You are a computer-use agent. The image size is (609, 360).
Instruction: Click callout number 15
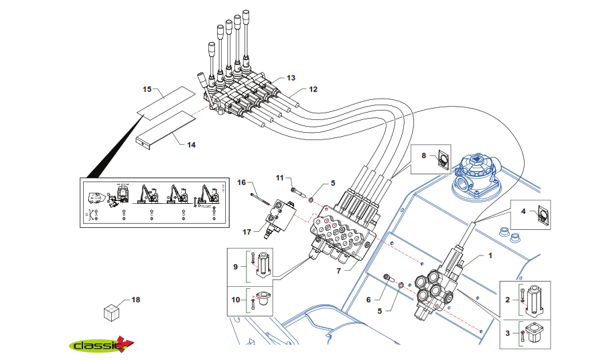(148, 88)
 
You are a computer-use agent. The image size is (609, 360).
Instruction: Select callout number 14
(191, 144)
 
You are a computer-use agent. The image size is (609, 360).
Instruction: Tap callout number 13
(291, 78)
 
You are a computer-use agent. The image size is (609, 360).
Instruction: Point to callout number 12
(313, 89)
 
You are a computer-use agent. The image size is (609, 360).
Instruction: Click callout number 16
(242, 182)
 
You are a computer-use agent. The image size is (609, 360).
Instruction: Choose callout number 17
(247, 232)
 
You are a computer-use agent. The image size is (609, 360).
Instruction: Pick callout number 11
(281, 178)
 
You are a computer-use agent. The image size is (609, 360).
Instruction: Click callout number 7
(340, 271)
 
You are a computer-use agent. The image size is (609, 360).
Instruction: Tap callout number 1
(490, 255)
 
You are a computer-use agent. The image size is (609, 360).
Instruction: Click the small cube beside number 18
(111, 312)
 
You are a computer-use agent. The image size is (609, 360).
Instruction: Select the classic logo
(101, 345)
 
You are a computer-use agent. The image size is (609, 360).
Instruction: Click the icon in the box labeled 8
(442, 159)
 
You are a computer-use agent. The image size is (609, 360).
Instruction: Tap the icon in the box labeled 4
(543, 215)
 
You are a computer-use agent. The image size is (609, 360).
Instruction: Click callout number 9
(235, 267)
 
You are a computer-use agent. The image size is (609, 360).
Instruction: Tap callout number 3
(507, 333)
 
